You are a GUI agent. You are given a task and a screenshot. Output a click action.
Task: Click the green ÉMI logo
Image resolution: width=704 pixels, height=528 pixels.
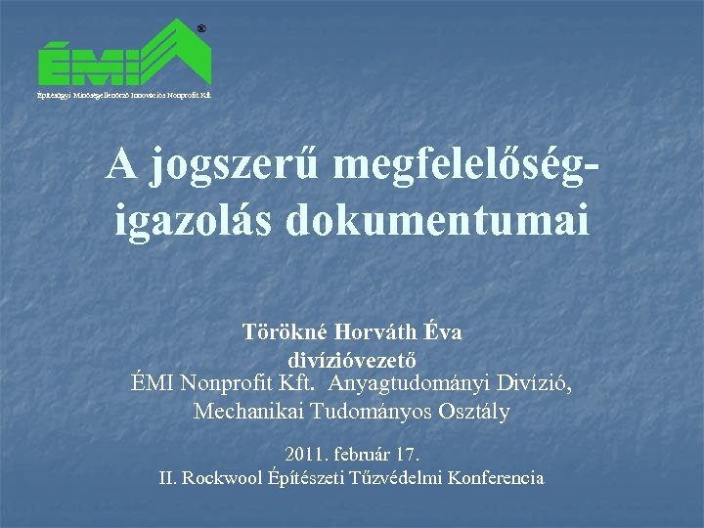[125, 57]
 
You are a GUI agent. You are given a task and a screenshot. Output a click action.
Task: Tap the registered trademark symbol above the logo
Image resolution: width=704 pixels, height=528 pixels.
[200, 29]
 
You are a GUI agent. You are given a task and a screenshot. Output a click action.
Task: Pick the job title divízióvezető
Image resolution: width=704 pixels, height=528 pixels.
[352, 358]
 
